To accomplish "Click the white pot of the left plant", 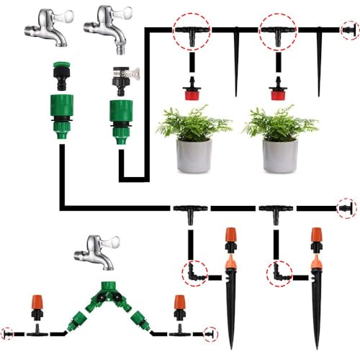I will pos(194,156).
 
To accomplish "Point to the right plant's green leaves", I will pos(280,122).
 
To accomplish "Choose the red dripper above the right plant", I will pos(278,91).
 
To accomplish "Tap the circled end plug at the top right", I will pos(348,30).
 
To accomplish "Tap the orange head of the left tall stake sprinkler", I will pos(231,238).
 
